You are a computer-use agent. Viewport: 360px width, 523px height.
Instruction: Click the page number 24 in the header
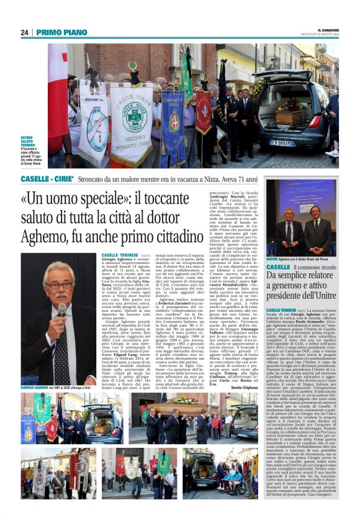pos(24,32)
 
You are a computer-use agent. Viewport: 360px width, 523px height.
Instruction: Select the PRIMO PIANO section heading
pos(60,32)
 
